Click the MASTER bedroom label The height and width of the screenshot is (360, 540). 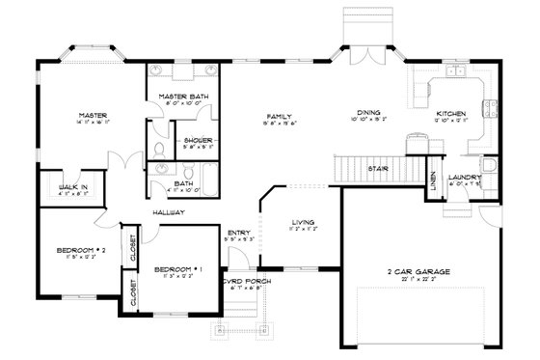[x=92, y=115]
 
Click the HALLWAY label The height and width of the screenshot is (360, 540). [x=167, y=211]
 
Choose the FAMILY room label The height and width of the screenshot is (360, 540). [x=280, y=115]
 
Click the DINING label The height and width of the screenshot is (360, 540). [x=369, y=113]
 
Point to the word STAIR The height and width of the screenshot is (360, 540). [x=379, y=168]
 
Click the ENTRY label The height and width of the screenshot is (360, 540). [x=237, y=232]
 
